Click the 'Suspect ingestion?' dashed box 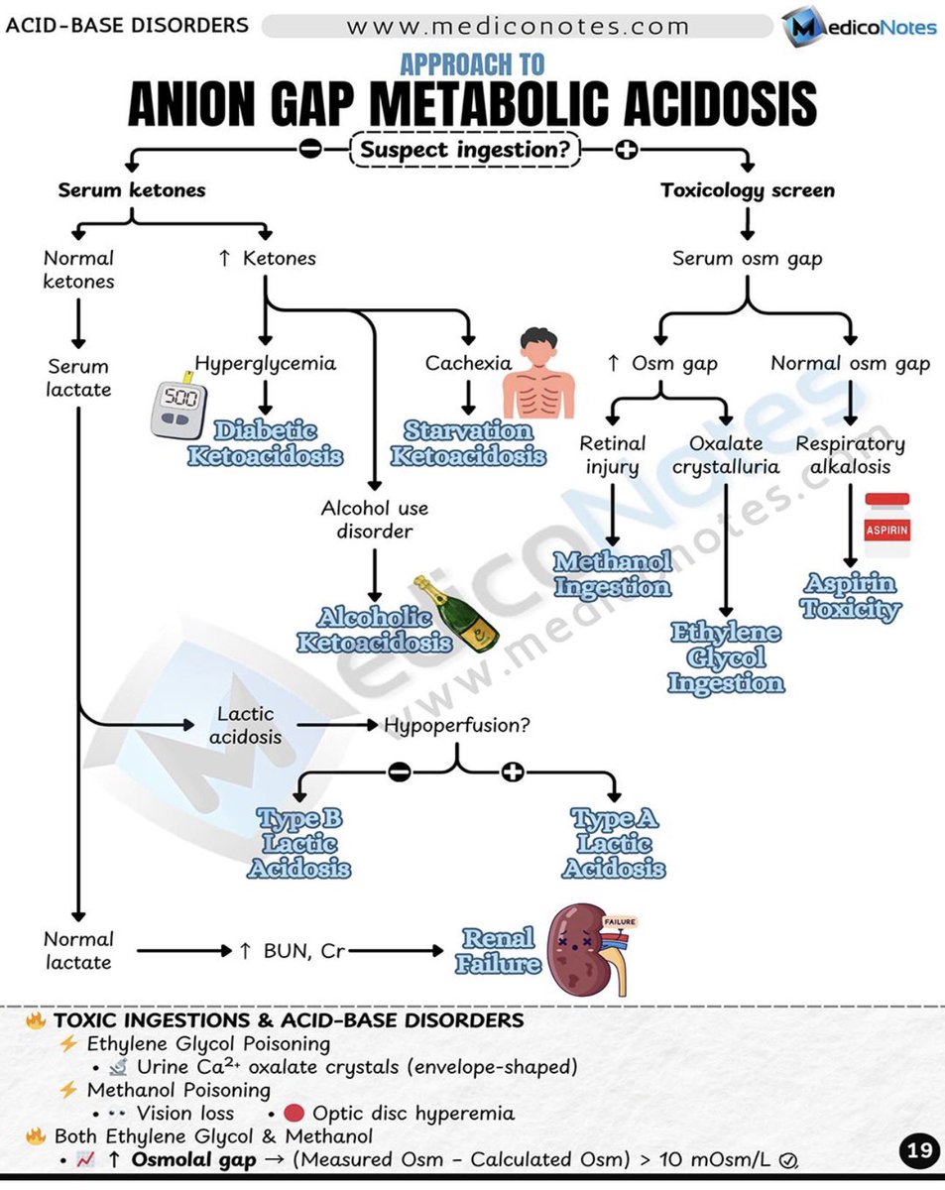(x=465, y=151)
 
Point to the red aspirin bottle (x=887, y=526)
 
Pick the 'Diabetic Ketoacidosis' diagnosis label (x=265, y=443)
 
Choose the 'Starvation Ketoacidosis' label (x=468, y=443)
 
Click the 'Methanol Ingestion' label (x=612, y=574)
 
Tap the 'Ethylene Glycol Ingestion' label (x=726, y=657)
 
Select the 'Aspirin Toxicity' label (x=850, y=596)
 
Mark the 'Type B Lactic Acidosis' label (x=298, y=844)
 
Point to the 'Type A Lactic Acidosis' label (x=614, y=844)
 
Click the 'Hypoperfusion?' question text (x=457, y=725)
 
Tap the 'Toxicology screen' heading (x=748, y=190)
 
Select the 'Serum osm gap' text (x=747, y=259)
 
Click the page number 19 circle (x=919, y=1151)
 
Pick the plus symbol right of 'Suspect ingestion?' (x=626, y=151)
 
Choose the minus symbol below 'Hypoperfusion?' (x=399, y=773)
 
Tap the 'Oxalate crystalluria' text (x=726, y=454)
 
